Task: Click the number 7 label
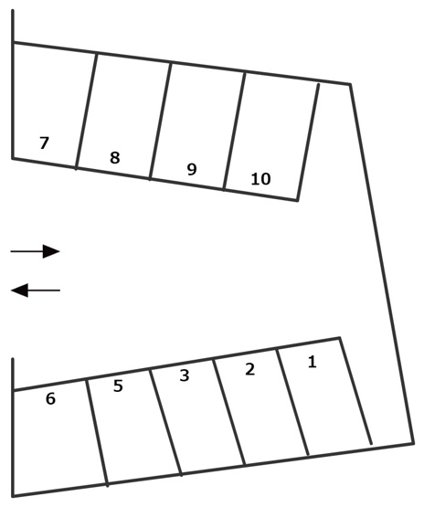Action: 44,143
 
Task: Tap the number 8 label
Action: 115,158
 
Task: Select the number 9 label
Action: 192,169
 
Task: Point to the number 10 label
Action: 260,179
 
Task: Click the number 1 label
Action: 312,362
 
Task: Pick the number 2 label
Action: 249,369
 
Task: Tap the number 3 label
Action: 185,375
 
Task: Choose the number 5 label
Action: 118,386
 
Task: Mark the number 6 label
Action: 50,398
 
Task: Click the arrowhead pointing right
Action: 51,251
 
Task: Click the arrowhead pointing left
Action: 20,290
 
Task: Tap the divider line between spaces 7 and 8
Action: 86,111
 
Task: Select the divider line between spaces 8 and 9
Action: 161,121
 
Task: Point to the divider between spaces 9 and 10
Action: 235,131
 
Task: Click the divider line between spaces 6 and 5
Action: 97,432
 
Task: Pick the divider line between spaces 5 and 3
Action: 165,423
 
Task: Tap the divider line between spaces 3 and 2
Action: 229,412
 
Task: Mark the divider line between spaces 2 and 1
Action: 292,402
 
